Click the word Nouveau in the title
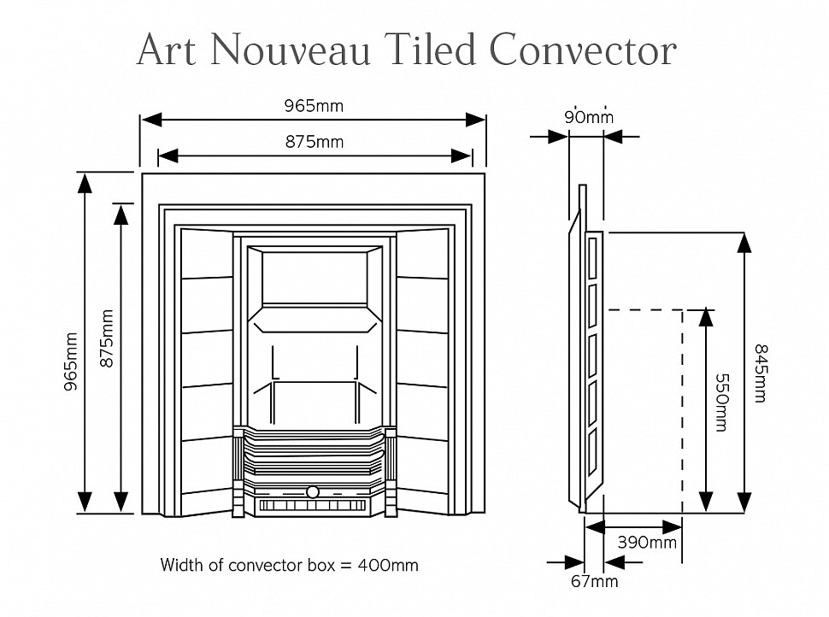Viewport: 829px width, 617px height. (291, 50)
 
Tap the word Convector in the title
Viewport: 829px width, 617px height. (583, 50)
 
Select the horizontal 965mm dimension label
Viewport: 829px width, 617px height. (314, 106)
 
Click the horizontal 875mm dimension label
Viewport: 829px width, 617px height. (314, 142)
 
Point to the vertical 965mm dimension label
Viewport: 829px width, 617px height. (70, 361)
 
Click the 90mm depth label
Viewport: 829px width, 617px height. (589, 117)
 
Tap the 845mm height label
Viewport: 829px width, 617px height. (761, 373)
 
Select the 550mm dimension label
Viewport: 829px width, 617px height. (722, 403)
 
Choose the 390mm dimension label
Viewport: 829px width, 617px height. (647, 542)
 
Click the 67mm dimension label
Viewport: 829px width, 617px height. (594, 582)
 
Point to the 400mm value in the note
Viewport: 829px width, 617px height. (388, 565)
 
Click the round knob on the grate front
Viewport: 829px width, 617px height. (313, 492)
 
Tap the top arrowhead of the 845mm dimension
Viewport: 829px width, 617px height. (744, 242)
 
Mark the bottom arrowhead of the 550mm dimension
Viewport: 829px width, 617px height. (706, 502)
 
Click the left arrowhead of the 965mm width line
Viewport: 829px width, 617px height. (152, 120)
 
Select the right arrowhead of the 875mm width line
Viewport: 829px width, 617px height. (461, 156)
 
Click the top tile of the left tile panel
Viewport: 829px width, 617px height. (207, 254)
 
